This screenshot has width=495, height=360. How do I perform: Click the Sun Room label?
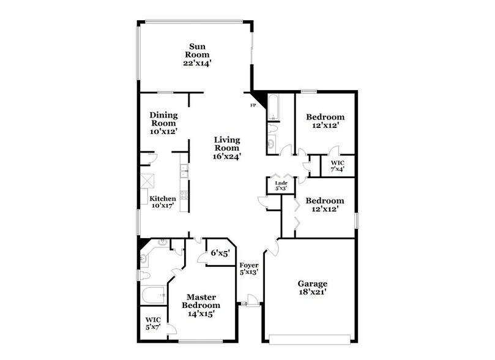(196, 47)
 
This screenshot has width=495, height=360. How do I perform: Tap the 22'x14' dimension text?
(196, 62)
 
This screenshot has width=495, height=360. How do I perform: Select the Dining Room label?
(163, 119)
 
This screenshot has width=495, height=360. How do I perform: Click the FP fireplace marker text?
(253, 105)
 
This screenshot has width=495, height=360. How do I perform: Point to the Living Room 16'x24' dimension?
(227, 156)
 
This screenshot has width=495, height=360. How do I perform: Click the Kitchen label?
(163, 199)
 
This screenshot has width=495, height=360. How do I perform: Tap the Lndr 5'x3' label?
(281, 185)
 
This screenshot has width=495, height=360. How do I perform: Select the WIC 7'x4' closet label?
(338, 166)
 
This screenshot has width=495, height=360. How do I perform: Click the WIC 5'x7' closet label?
(152, 323)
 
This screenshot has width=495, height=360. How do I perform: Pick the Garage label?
(312, 284)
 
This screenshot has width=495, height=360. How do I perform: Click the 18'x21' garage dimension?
(312, 293)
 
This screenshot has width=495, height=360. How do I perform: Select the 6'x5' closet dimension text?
(220, 253)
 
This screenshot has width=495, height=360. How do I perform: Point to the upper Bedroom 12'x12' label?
(325, 120)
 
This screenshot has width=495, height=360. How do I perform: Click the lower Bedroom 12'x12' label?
(325, 204)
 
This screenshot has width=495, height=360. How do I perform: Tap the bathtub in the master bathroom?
(153, 296)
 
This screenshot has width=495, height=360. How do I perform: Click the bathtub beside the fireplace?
(273, 108)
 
